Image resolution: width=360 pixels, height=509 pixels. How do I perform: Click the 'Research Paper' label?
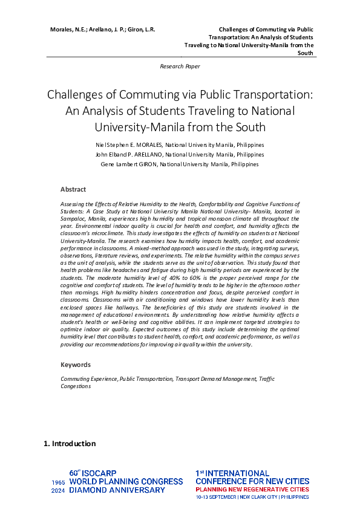pos(180,66)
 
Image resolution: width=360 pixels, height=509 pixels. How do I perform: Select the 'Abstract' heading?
pos(73,189)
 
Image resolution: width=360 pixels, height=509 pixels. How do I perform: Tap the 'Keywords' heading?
pos(76,365)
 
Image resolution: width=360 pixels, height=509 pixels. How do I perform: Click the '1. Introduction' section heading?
pos(70,444)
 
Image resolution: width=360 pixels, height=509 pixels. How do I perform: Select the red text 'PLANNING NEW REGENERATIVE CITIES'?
pos(252,490)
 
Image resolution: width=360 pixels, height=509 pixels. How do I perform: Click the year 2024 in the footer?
pos(58,491)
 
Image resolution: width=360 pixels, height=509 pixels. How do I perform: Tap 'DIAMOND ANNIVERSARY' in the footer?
pos(117,490)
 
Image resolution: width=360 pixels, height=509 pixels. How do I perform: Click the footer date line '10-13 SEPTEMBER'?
pos(217,497)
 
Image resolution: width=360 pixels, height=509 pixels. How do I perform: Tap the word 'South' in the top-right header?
pos(306,53)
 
